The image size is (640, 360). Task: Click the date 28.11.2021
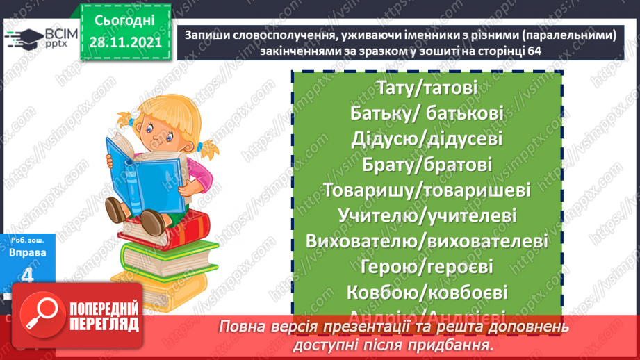[x=125, y=42]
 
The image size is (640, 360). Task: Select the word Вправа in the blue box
[x=28, y=252]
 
